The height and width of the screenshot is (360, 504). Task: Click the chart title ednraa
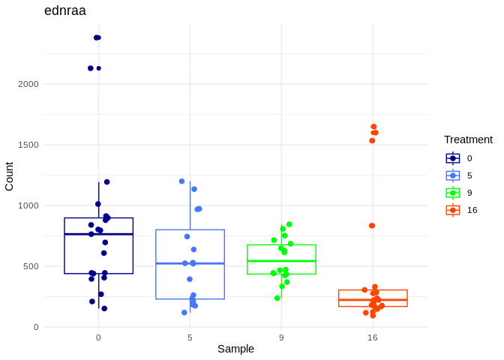click(65, 10)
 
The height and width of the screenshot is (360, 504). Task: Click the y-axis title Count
click(9, 176)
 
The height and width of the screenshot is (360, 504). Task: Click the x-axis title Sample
click(235, 349)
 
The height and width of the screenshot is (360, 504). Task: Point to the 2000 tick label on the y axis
click(28, 84)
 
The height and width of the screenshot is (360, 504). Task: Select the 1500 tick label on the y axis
click(28, 145)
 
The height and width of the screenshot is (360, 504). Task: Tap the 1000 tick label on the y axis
click(28, 205)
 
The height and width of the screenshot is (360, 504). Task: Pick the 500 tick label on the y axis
click(31, 266)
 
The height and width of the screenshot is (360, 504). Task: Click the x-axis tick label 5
click(190, 337)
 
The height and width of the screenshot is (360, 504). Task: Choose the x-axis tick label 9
click(281, 337)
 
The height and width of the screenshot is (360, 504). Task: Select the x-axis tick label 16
click(373, 337)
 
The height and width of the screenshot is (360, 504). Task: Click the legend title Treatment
click(468, 139)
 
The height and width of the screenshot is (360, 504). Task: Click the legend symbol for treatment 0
click(453, 158)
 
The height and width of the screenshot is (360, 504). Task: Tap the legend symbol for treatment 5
click(453, 175)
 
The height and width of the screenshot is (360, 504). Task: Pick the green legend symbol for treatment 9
click(453, 193)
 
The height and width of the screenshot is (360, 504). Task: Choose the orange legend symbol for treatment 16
click(453, 210)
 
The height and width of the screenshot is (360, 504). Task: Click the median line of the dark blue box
click(98, 234)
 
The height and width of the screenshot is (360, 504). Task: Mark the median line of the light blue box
click(190, 263)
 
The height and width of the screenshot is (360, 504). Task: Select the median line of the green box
click(281, 261)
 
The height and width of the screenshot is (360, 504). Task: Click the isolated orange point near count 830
click(372, 226)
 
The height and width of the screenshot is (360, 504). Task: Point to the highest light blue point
click(181, 181)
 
